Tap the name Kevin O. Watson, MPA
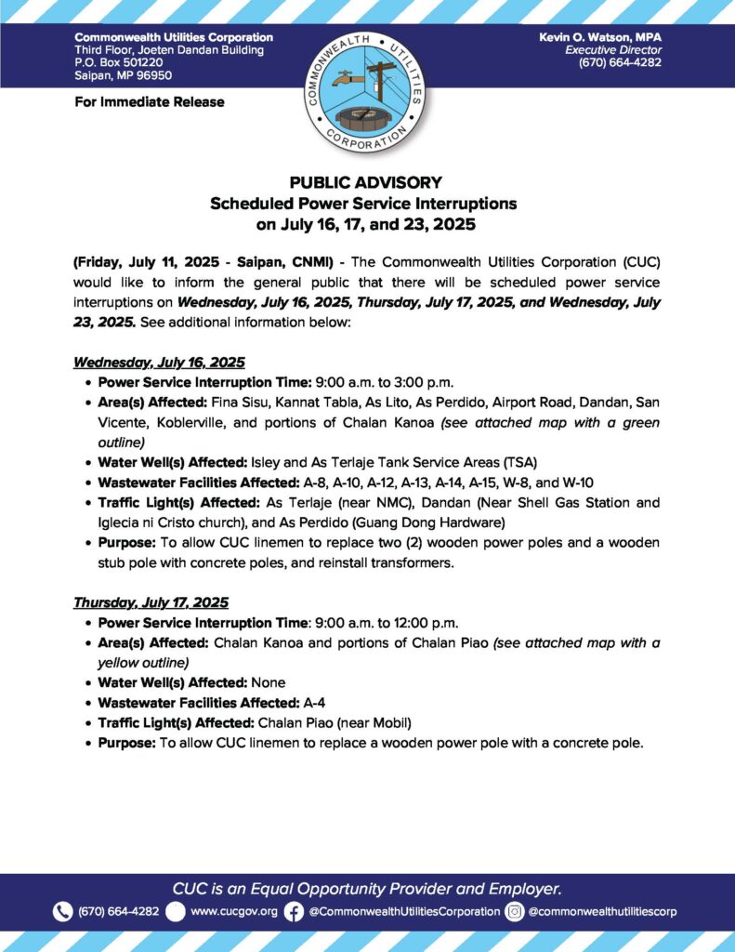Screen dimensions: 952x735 [600, 36]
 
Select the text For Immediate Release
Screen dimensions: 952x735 [150, 101]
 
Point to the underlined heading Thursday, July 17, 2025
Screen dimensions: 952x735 [151, 602]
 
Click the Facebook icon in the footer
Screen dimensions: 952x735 [294, 912]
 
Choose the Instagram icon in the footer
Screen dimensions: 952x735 [515, 912]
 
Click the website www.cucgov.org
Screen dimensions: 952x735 [234, 912]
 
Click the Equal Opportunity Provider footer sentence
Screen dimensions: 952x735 [367, 888]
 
